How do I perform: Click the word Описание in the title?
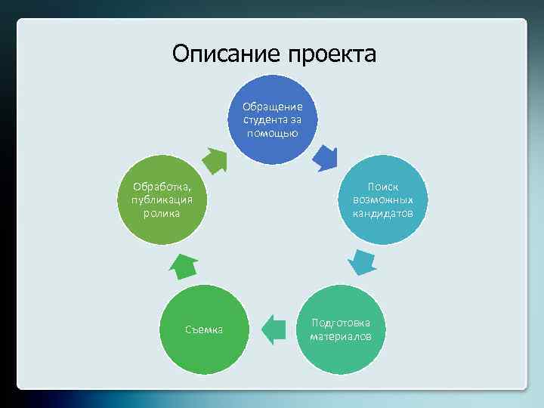(x=220, y=54)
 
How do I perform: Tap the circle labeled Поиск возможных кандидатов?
(x=382, y=199)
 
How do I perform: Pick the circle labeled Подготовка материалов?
(x=341, y=329)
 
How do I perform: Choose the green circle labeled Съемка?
(x=204, y=329)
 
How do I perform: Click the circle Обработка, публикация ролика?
(x=162, y=199)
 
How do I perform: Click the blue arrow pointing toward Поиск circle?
(x=326, y=157)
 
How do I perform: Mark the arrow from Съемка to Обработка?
(x=184, y=266)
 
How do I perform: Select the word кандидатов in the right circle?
(x=382, y=213)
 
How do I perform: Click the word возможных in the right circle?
(x=382, y=199)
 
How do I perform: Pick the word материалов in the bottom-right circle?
(x=341, y=335)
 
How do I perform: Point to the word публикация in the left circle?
(x=162, y=199)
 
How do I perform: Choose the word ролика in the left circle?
(x=162, y=213)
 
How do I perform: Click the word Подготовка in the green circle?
(x=341, y=322)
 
